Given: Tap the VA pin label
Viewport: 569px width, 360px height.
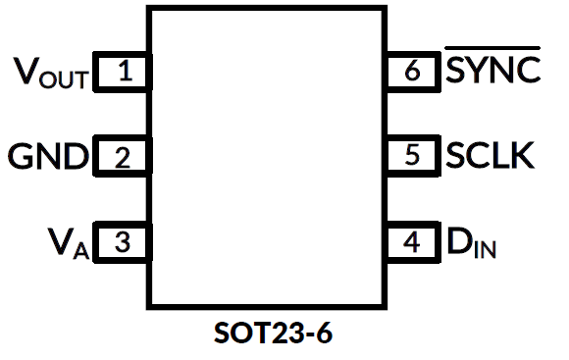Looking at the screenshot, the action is click(69, 241).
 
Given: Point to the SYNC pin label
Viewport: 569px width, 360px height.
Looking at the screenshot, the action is click(492, 72).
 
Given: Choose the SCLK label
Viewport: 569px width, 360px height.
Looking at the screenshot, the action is click(490, 156).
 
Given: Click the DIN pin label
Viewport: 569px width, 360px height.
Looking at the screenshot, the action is click(471, 242).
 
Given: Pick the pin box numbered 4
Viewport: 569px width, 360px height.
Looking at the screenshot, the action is click(411, 241).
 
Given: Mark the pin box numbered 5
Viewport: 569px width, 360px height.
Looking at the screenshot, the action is click(411, 156).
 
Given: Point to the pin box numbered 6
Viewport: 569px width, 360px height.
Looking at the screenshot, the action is click(411, 72).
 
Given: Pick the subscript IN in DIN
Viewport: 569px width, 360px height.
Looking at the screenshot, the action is click(485, 249).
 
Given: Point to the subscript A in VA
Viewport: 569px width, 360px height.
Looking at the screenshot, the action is click(81, 249).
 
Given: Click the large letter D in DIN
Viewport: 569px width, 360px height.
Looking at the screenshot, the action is click(459, 240).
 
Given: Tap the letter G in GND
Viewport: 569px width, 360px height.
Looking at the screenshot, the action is click(21, 156).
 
